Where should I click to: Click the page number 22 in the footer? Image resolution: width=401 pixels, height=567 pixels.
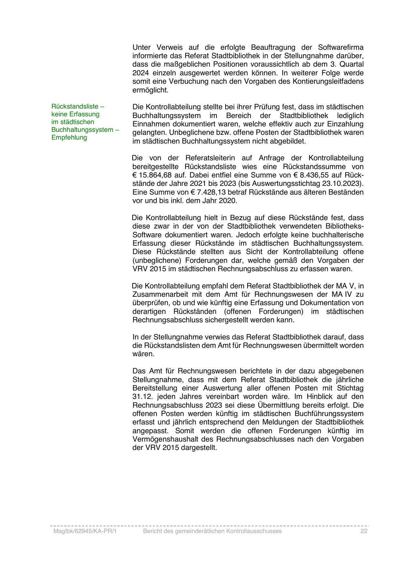364,531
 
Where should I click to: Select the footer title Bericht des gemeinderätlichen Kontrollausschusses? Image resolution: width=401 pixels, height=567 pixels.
212,531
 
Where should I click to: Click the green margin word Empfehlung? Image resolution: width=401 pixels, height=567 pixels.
69,137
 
